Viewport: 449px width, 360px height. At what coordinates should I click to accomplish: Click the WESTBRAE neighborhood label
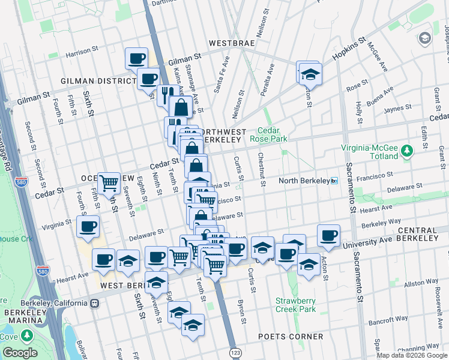(231, 43)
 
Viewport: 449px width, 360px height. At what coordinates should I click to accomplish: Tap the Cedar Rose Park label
(274, 135)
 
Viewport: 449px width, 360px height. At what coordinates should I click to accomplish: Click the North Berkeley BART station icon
(334, 181)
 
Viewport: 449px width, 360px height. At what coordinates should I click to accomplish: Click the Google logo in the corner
(20, 353)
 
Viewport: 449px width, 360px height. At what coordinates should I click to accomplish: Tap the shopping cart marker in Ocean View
(109, 182)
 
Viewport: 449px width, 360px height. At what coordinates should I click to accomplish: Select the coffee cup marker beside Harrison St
(136, 58)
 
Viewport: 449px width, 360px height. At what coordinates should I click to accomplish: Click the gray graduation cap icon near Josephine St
(425, 39)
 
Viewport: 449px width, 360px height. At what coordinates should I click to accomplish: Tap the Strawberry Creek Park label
(295, 305)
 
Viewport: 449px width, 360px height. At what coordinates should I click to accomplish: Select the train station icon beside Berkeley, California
(95, 304)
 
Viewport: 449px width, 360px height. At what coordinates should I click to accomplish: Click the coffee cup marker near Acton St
(328, 235)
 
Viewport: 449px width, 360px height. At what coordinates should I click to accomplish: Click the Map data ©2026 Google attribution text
(411, 355)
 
